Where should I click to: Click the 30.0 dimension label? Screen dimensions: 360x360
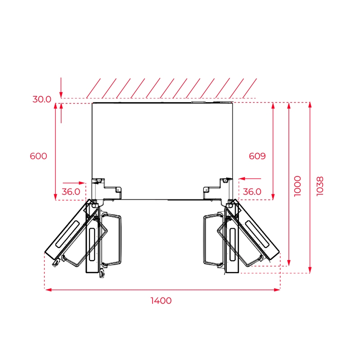coord(42,99)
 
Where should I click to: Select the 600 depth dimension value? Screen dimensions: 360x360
coord(39,156)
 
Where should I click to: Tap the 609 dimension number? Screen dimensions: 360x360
coord(257,156)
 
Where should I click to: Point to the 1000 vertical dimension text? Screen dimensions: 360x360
coord(297,186)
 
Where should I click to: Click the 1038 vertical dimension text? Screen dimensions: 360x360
coord(320,186)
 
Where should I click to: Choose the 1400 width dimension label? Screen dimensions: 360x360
coord(161,301)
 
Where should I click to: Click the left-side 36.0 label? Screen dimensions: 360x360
coord(71,192)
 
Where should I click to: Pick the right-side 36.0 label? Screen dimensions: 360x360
coord(252,192)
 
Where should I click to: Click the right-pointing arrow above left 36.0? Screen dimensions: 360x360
coord(74,183)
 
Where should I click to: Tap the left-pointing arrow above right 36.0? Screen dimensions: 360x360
coord(250,178)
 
